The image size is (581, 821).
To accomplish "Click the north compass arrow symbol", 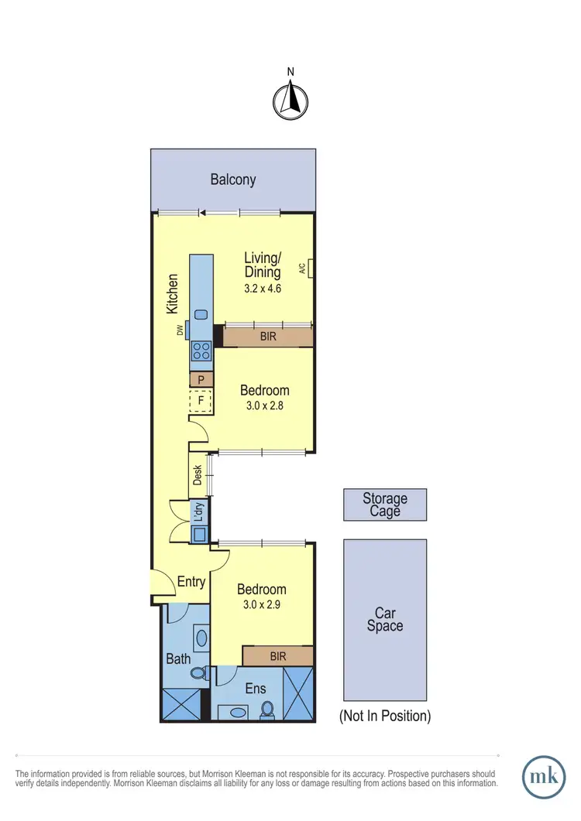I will pos(290,101).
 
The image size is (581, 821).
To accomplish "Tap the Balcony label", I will pos(233,180).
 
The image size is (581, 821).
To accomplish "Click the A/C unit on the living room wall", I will pos(309,269).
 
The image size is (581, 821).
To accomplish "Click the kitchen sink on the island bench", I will pos(201,314).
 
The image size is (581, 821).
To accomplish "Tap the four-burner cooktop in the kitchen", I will pos(201,351).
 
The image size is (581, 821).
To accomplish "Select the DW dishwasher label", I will pos(180,330).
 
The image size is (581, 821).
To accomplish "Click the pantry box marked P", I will pos(201,379).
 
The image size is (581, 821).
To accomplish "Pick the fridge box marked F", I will pos(201,401).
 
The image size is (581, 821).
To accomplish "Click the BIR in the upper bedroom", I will pos(268,337).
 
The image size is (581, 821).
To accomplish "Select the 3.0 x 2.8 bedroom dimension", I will pos(264,405).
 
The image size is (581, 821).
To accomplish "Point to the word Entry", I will pos(191,582).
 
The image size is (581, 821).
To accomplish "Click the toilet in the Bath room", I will pos(198,673).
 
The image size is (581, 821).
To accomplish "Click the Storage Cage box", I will pos(385,505).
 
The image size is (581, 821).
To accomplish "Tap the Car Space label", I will pos(385,619).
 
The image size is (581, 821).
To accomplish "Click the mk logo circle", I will pos(544,775).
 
